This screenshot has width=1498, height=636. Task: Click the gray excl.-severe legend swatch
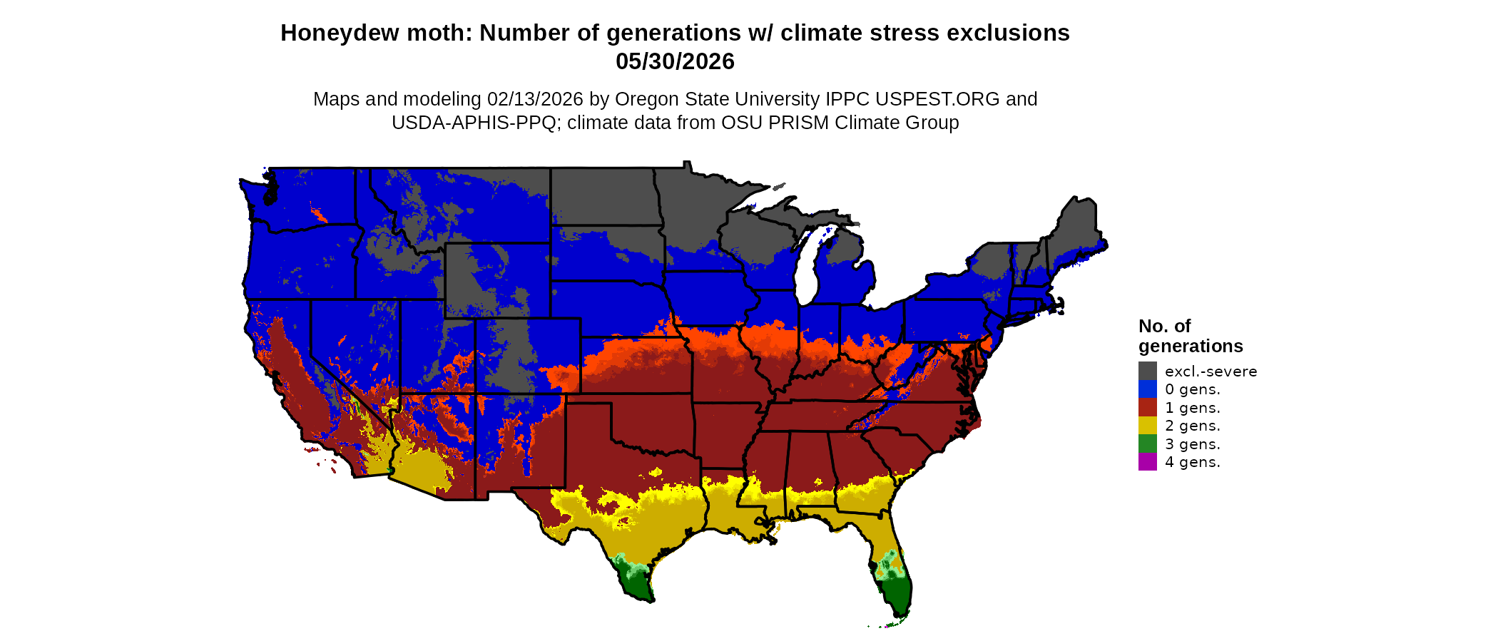1147,371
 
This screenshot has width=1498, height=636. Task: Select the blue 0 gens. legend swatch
1147,389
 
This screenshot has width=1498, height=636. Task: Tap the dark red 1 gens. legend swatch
1147,408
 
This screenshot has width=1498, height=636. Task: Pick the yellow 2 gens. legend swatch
1147,426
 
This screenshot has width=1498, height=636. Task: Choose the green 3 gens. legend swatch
1147,444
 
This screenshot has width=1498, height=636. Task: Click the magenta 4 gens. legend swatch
1147,462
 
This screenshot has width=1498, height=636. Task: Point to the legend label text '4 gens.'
1192,462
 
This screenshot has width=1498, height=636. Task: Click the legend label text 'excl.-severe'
1211,371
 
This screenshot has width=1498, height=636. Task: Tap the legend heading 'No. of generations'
1190,336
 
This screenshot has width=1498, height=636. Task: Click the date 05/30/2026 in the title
675,61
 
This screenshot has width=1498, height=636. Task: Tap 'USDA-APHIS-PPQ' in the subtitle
474,123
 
